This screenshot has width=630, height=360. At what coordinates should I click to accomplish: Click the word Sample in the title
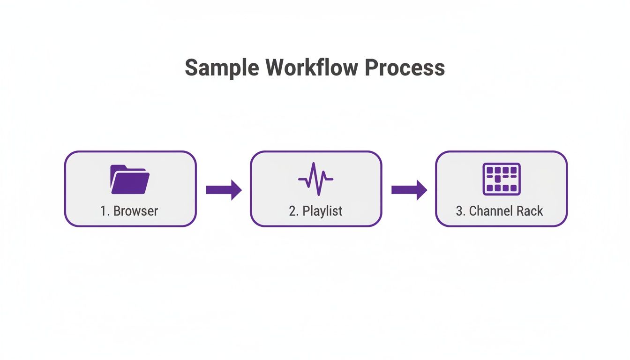[221, 68]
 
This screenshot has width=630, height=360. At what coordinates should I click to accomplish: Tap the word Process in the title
[405, 68]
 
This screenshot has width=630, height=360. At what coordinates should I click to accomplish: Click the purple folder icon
[130, 180]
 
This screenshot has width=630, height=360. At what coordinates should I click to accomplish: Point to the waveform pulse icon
[315, 179]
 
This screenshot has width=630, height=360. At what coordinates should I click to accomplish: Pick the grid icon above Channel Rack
[501, 179]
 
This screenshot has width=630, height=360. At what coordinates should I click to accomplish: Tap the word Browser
[135, 211]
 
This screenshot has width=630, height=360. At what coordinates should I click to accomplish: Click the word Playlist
[322, 211]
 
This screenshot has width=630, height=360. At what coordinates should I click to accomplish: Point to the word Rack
[530, 211]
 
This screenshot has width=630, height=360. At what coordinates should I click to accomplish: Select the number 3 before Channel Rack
[459, 211]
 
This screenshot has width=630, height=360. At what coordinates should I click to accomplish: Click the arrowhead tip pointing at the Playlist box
[240, 189]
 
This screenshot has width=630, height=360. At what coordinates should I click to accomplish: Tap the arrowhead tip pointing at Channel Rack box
[425, 189]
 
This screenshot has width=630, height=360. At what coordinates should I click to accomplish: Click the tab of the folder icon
[118, 167]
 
